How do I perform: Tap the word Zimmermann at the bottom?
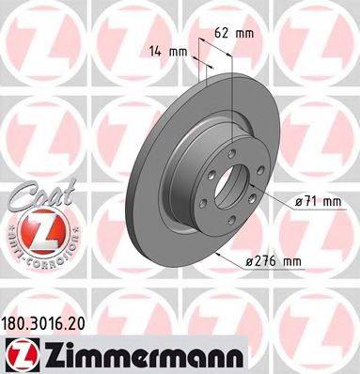coord(127,353)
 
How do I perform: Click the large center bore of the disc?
coord(230,184)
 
